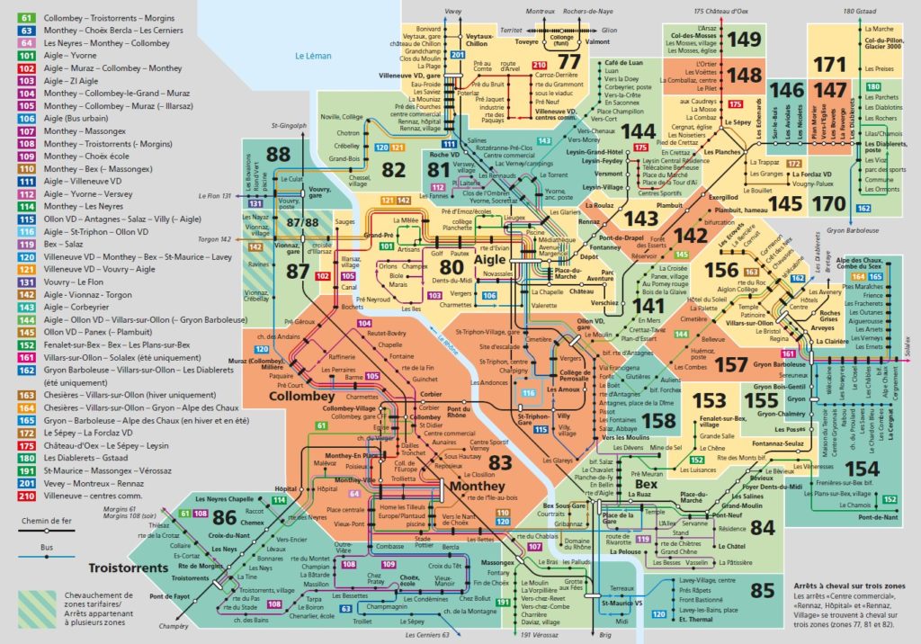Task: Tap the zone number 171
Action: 829,64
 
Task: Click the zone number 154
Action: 862,468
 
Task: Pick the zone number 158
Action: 658,419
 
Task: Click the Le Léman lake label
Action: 313,56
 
